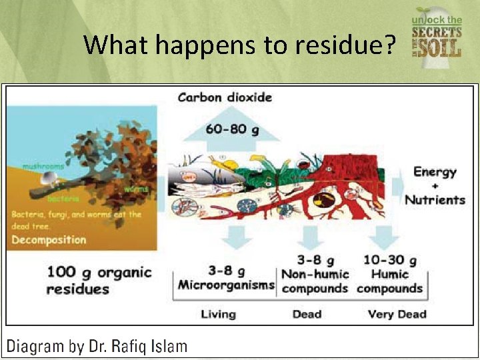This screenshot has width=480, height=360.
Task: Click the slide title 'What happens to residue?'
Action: [x=240, y=45]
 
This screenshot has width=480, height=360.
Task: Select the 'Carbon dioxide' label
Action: [x=225, y=97]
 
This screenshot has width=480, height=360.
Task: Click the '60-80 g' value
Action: [x=225, y=129]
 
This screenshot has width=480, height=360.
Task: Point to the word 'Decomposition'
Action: [x=49, y=239]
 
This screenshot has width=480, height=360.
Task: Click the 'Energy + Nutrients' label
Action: [x=435, y=185]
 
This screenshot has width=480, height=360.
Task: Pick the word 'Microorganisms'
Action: [x=225, y=285]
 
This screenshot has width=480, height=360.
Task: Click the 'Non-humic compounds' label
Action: [x=315, y=281]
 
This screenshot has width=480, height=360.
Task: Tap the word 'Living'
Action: [x=218, y=314]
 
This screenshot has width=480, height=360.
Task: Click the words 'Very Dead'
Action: [x=397, y=314]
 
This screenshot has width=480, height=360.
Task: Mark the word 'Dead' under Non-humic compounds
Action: [x=307, y=314]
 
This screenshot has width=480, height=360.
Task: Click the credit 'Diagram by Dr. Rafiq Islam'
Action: [x=97, y=346]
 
